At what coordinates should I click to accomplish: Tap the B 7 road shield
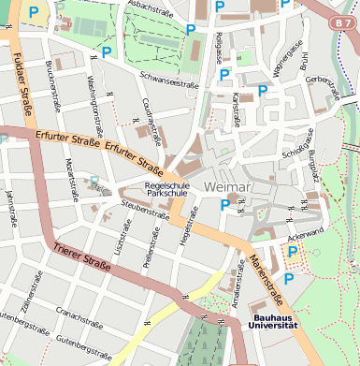pyautogui.click(x=342, y=19)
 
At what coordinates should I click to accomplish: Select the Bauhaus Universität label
pyautogui.click(x=273, y=321)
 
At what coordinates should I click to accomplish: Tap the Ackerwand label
pyautogui.click(x=306, y=230)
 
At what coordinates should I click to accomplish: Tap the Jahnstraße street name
pyautogui.click(x=11, y=208)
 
